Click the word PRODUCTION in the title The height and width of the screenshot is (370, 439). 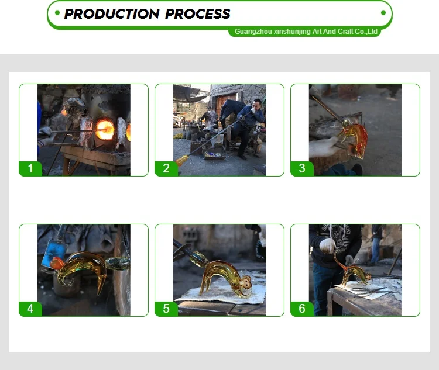(112, 13)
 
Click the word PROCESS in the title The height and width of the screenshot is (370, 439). (198, 13)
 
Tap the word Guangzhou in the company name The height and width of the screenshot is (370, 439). (253, 32)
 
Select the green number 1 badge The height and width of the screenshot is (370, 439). (30, 169)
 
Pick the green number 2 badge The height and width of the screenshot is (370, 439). (166, 169)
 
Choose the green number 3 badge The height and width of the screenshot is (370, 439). (302, 169)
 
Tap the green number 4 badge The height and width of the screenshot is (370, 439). (30, 309)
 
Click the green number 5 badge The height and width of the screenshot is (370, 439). (166, 309)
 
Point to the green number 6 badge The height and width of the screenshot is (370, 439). (302, 309)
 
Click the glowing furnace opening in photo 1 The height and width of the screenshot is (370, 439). (105, 130)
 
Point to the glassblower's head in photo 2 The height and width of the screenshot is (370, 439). (256, 105)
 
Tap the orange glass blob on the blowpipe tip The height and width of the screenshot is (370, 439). (182, 161)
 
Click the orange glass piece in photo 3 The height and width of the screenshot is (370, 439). (354, 139)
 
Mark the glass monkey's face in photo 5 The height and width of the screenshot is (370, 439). (245, 283)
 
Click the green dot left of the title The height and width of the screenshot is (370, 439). (57, 13)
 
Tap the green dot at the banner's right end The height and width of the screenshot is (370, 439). (383, 13)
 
